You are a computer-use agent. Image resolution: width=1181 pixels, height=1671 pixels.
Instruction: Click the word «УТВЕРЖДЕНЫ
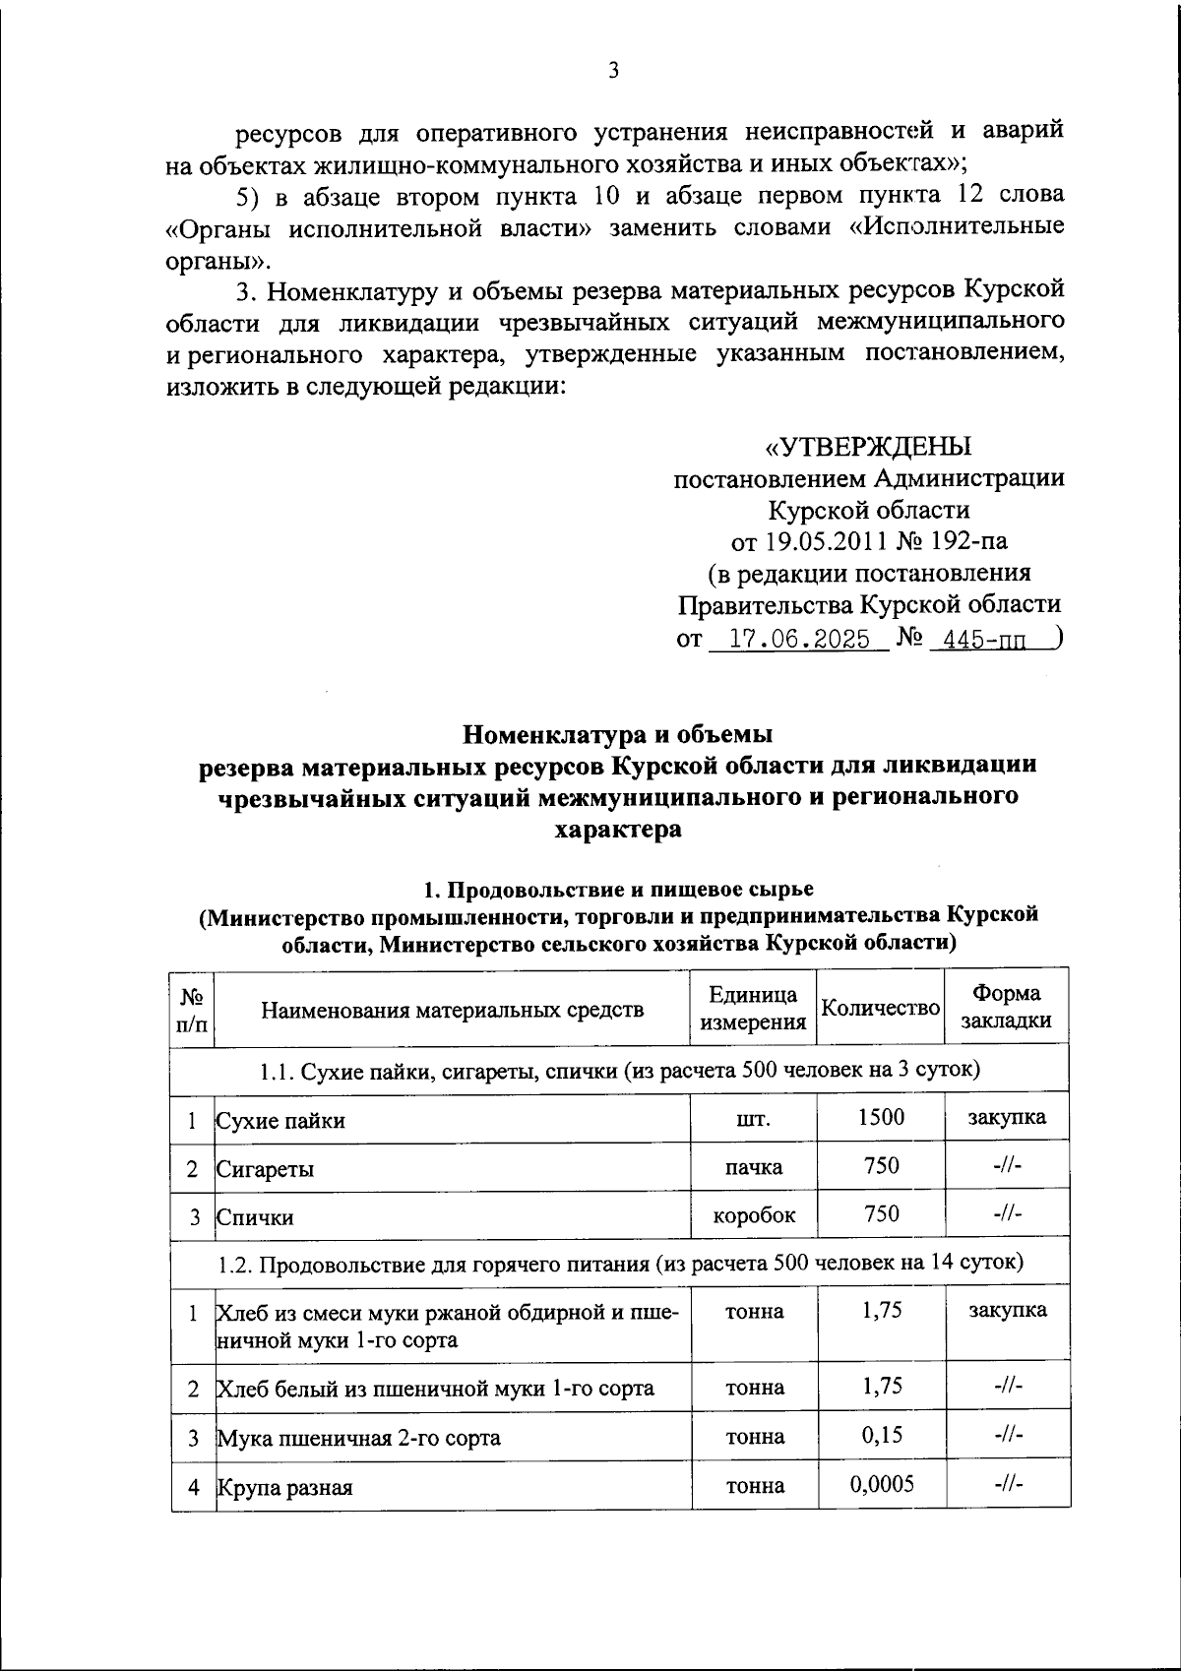(x=868, y=447)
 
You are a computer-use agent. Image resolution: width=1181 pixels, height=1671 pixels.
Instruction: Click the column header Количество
(x=880, y=1008)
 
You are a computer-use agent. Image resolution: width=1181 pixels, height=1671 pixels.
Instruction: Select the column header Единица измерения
(x=753, y=1008)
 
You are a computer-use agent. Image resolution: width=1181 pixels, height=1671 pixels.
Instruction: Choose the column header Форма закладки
(x=1006, y=1008)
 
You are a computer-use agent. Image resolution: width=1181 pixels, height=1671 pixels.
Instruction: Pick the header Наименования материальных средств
(x=452, y=1009)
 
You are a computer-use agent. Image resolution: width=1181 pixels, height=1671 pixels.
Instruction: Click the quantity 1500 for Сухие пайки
(x=880, y=1117)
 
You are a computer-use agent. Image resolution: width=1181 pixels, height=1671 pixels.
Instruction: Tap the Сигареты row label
(x=266, y=1169)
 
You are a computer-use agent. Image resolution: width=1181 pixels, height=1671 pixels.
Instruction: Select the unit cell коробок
(x=754, y=1215)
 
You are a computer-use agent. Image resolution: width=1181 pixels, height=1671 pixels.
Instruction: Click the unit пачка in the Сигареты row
(x=754, y=1167)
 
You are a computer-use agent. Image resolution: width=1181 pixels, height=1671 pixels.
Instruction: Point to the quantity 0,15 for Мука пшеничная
(x=881, y=1436)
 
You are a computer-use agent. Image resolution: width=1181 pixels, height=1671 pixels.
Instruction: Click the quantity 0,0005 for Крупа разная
(x=881, y=1484)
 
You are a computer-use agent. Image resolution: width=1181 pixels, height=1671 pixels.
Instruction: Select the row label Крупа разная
(x=284, y=1488)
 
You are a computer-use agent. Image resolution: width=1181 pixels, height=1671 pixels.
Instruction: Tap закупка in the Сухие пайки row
(x=1006, y=1117)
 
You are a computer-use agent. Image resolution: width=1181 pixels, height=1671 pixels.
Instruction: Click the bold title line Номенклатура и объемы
(x=618, y=734)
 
